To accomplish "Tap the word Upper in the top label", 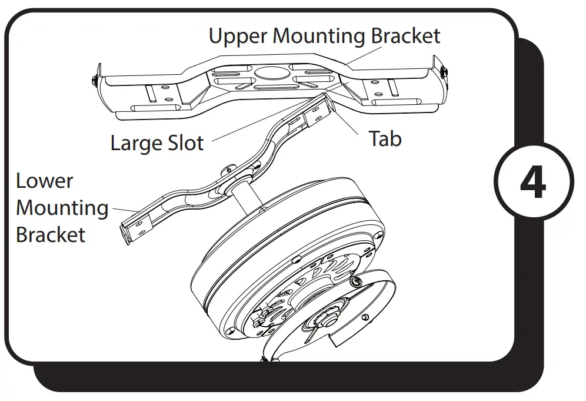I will pos(238,36).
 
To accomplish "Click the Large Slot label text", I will pos(157,143).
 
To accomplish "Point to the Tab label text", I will pos(385,139).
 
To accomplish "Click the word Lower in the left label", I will pos(44,181).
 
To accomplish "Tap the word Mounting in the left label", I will pos(62,208).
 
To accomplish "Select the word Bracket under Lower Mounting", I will pos(51,235).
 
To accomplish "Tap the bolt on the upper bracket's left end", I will pos(95,81).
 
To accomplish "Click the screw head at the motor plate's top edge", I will pos(356,283).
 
